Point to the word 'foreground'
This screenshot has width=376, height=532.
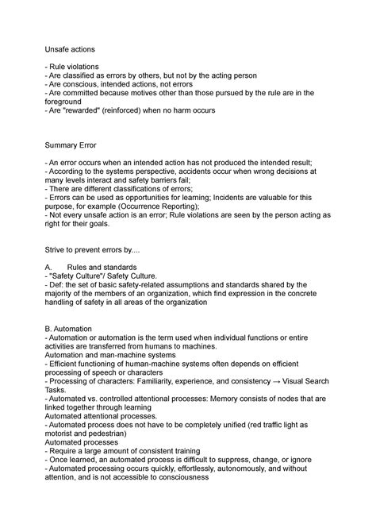71,101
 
